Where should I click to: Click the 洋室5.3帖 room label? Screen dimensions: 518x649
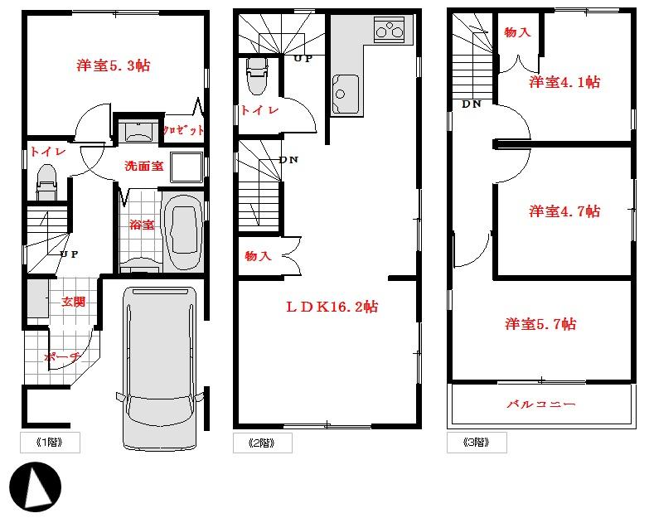(x=114, y=64)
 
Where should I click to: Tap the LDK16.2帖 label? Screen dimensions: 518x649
(x=332, y=307)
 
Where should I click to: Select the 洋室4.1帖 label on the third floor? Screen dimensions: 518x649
(x=564, y=82)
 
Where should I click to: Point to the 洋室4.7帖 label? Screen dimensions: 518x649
(x=564, y=211)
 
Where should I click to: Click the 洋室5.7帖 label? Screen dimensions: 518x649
(x=540, y=324)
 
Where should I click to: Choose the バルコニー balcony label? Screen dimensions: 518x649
(x=541, y=405)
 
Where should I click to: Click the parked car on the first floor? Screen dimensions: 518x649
(x=161, y=366)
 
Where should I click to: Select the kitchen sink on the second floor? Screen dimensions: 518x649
(x=346, y=94)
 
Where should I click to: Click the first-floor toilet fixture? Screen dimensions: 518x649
(x=46, y=181)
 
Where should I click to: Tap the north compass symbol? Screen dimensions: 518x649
(x=36, y=485)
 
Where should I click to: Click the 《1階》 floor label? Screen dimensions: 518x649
(x=50, y=443)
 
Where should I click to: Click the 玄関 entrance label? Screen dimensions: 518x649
(x=74, y=302)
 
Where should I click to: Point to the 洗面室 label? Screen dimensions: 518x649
(x=143, y=166)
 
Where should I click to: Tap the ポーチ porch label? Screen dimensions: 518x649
(x=62, y=357)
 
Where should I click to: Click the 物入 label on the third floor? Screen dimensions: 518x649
(x=517, y=32)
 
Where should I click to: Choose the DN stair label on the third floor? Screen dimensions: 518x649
(x=472, y=104)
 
